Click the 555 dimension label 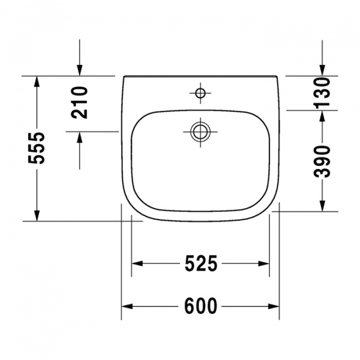tap(37, 148)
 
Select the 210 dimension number tap(80, 101)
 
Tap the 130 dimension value tap(323, 93)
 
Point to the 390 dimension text tap(323, 161)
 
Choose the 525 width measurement tap(200, 263)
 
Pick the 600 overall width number tap(200, 306)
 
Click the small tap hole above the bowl tap(200, 93)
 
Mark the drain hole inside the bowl tap(199, 131)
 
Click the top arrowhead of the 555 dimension tap(37, 82)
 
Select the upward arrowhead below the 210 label tap(80, 137)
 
